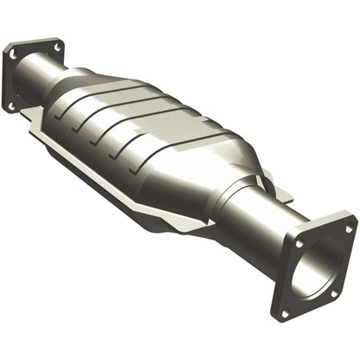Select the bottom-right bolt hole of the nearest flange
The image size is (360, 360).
point(334,299)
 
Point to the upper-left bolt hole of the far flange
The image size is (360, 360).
point(15,53)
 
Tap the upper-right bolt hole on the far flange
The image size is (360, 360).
point(57,43)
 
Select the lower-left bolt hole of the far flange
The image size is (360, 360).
point(12,105)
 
